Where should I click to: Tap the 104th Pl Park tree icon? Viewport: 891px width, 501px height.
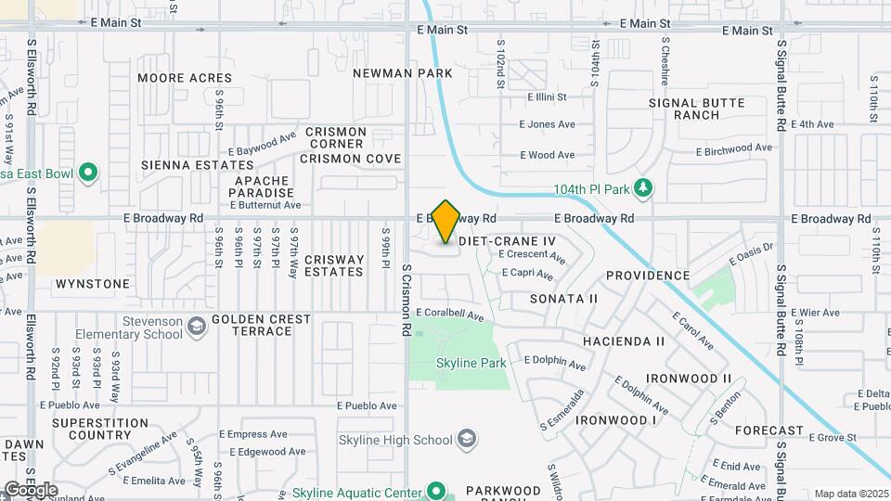[x=643, y=189]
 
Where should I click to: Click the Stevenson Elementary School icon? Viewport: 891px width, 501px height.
[x=196, y=327]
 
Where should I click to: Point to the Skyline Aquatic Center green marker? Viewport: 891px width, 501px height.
[x=435, y=492]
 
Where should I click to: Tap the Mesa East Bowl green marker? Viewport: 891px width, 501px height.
[x=88, y=173]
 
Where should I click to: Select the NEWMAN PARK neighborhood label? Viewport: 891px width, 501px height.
[x=403, y=73]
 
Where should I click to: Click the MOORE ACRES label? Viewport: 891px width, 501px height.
[x=185, y=78]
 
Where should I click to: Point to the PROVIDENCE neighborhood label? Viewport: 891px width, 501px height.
[x=648, y=276]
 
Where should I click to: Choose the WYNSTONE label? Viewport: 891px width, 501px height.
[x=93, y=283]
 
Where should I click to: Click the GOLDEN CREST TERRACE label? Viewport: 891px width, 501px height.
[x=261, y=325]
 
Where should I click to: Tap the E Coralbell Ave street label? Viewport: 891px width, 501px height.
[x=450, y=316]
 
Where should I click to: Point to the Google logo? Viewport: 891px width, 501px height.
[x=31, y=490]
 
